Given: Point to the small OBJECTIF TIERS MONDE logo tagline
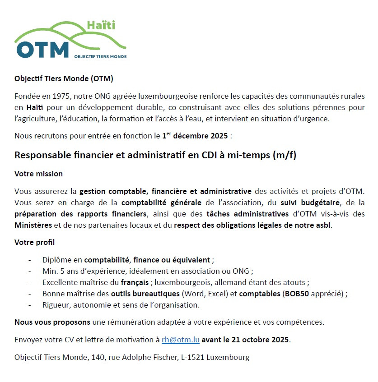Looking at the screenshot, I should click(100, 57).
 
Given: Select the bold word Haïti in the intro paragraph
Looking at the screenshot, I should click(35, 108).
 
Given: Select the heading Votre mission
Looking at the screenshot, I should click(38, 174).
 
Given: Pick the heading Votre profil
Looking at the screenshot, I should click(34, 242).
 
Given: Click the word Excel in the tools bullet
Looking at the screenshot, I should click(215, 294).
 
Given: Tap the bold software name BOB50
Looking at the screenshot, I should click(295, 294).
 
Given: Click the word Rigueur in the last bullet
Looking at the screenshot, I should click(56, 305).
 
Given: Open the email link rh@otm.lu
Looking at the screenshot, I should click(180, 340).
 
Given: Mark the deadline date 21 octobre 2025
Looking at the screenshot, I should click(260, 340).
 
